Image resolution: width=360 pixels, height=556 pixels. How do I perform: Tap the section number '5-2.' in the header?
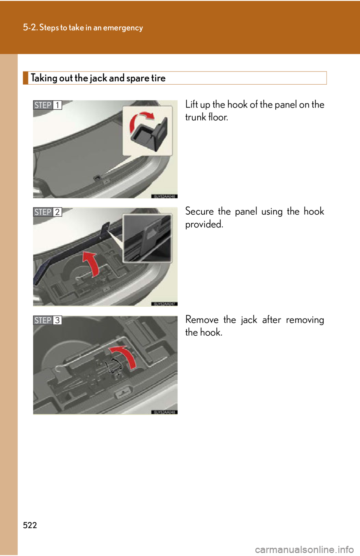tap(30, 27)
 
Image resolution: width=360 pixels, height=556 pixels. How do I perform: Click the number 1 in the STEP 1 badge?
tap(57, 105)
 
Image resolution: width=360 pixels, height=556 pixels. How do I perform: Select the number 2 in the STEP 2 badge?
tap(57, 212)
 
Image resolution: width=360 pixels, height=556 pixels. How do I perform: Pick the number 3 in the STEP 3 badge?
tap(57, 320)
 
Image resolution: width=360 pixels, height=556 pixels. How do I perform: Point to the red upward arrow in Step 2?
tap(91, 263)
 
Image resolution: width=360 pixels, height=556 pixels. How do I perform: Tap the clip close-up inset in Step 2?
tap(147, 238)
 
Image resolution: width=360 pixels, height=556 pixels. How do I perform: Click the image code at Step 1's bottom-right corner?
tap(164, 196)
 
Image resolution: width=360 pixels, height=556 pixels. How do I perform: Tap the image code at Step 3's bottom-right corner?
tap(164, 412)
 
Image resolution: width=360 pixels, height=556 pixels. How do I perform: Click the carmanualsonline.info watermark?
tap(304, 550)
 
